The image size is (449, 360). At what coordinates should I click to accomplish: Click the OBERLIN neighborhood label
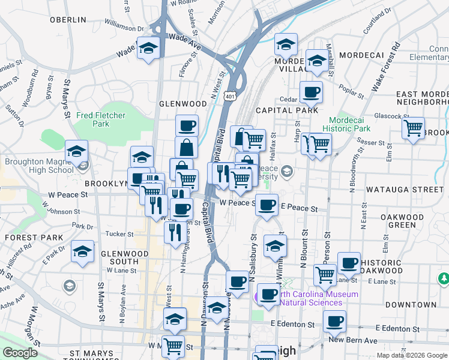68,20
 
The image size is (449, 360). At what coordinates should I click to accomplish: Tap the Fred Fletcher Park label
92,119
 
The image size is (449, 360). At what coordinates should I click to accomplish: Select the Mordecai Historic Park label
346,124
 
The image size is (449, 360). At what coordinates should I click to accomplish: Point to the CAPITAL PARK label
286,110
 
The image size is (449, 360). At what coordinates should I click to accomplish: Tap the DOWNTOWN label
411,305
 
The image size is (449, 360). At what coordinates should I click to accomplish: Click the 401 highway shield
230,96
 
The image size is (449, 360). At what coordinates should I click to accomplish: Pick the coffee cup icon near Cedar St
310,92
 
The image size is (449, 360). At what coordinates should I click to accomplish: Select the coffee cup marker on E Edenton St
334,320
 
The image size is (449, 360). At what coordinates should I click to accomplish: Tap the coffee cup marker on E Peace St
267,205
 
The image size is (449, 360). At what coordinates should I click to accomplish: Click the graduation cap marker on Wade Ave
148,47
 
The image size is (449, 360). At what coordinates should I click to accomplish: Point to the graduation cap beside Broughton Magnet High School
77,151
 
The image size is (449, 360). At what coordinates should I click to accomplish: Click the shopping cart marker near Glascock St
413,128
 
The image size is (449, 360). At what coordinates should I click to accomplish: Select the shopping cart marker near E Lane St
325,274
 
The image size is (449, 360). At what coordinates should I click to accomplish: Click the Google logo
20,353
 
